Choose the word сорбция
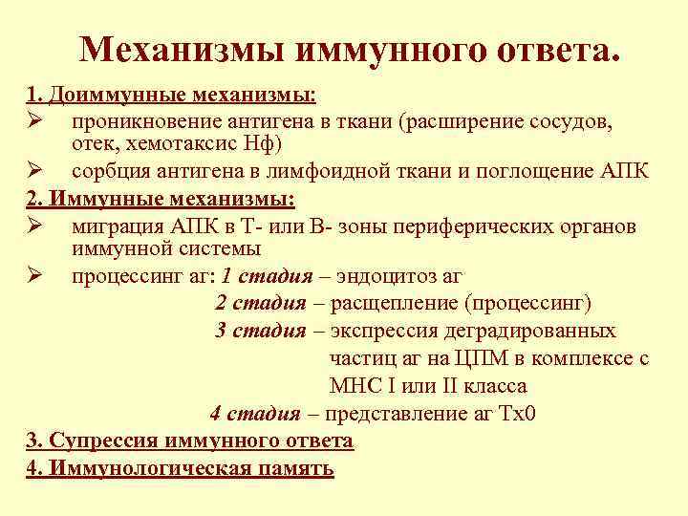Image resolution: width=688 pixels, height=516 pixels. click(108, 172)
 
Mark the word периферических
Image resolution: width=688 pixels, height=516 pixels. click(474, 226)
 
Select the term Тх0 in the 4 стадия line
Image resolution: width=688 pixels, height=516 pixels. click(515, 414)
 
